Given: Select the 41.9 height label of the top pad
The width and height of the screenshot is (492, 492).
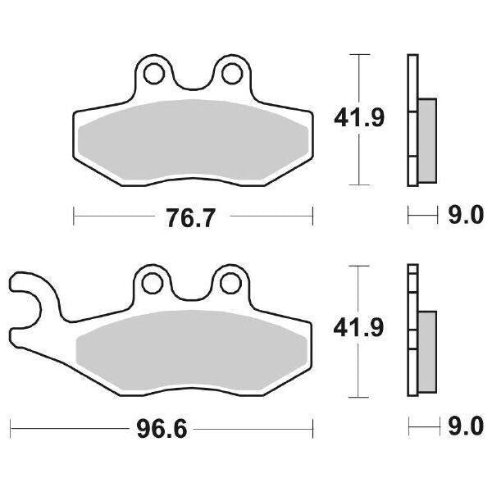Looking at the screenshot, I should (x=358, y=120).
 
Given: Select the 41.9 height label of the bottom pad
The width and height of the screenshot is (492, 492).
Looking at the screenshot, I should (x=358, y=328).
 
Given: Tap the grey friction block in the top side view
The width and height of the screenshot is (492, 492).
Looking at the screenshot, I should (x=427, y=139).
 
